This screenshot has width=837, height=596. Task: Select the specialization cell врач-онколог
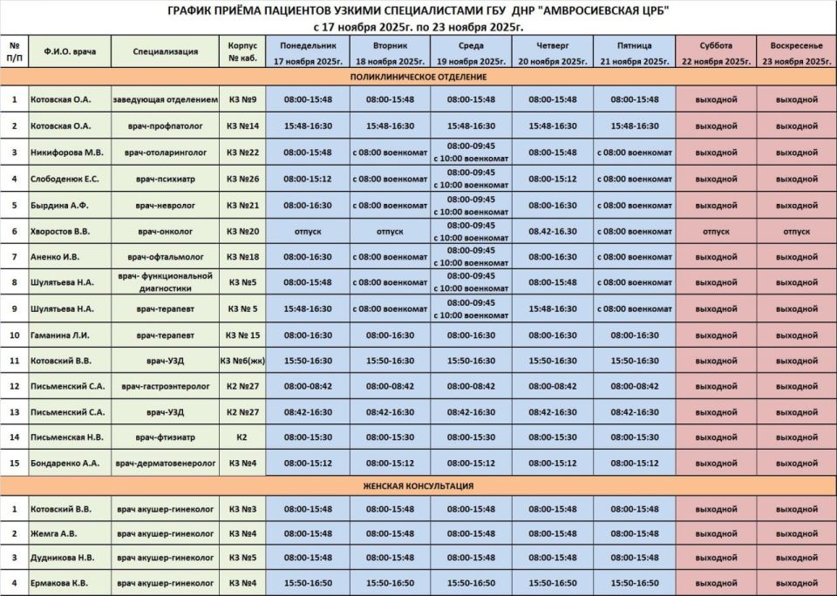coord(166,231)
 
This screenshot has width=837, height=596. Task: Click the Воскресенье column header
coord(796,52)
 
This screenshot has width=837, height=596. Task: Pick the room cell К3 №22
coord(242,152)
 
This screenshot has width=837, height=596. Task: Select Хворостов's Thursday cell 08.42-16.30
coord(552,231)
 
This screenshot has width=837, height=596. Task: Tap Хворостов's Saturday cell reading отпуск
coord(715,231)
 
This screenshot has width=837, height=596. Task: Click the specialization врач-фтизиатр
coord(166,437)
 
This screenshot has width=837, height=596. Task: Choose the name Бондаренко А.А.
coord(67,463)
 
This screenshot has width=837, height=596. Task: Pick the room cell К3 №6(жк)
coord(242,359)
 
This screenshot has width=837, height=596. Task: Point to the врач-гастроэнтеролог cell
coord(166,385)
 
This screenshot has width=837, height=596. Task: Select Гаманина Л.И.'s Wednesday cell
coord(471,335)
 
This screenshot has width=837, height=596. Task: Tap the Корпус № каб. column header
coord(242,52)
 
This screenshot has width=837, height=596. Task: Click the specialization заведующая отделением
coord(166,99)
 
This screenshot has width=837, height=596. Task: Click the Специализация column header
coord(166,52)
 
